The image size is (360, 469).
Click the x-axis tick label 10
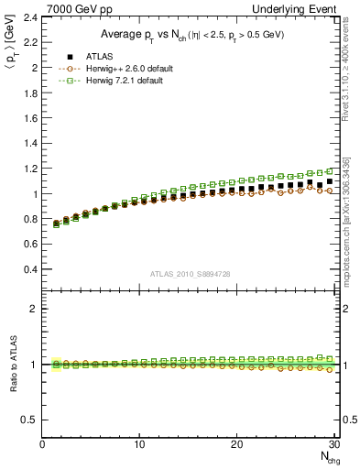tap(139, 443)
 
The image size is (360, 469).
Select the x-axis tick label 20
tap(237, 443)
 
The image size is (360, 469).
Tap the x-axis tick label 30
tap(334, 443)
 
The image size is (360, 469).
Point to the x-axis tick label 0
tap(42, 443)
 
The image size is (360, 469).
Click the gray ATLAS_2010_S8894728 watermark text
tap(190, 273)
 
